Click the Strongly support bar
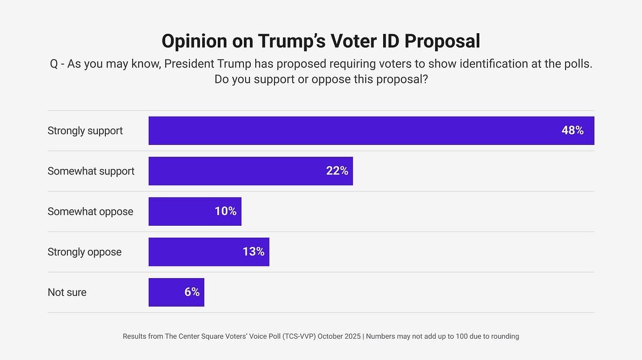(371, 131)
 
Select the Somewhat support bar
(250, 171)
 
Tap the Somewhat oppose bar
(195, 211)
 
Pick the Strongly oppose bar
(209, 252)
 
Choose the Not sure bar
(176, 292)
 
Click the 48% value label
(572, 131)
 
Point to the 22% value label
(337, 171)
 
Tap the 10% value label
(225, 211)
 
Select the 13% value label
(253, 252)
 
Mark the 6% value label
(192, 292)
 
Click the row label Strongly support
(85, 131)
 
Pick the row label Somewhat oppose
(90, 211)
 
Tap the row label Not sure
(67, 292)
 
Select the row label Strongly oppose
(85, 252)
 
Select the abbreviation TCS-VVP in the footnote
(297, 336)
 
